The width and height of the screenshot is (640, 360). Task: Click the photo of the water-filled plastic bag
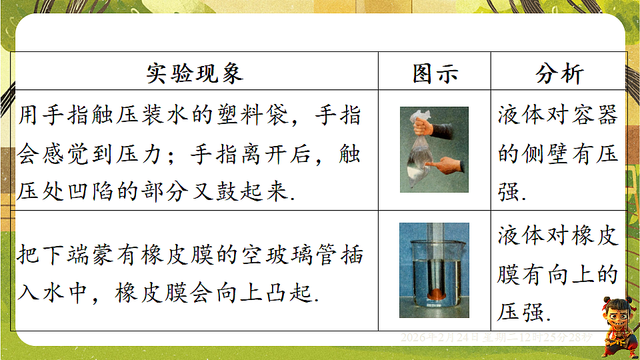click(434, 149)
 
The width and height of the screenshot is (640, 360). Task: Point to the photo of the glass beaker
click(434, 269)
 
